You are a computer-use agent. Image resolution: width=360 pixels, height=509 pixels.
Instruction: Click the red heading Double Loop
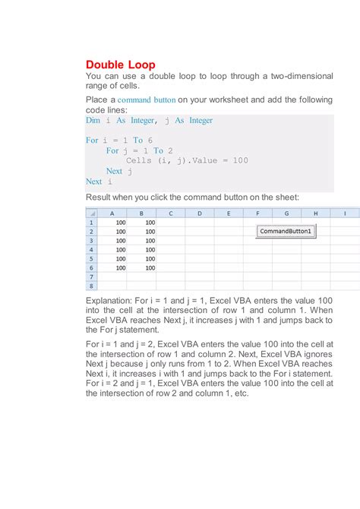(x=120, y=65)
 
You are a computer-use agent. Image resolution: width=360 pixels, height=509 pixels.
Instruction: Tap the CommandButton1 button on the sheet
(x=286, y=231)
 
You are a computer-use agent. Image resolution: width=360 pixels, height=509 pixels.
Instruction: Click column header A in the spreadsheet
(x=112, y=213)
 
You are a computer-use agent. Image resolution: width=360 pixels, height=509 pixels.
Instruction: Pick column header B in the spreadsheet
(x=141, y=213)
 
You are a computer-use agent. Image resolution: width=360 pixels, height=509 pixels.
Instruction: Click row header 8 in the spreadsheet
(x=92, y=286)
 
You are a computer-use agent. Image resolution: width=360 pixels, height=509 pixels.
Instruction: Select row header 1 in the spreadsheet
(x=92, y=223)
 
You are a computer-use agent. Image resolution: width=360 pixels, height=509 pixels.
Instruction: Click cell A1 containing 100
(x=112, y=223)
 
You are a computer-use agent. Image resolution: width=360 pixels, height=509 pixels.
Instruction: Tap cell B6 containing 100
(x=141, y=268)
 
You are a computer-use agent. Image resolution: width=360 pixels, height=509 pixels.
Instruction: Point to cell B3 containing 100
(x=141, y=241)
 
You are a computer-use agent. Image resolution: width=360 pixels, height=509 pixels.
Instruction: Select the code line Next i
(x=99, y=182)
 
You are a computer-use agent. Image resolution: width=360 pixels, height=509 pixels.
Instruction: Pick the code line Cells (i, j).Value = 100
(x=187, y=160)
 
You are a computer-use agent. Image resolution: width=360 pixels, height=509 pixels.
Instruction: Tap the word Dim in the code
(x=93, y=120)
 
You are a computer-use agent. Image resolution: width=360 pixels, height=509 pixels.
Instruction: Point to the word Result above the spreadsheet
(x=100, y=197)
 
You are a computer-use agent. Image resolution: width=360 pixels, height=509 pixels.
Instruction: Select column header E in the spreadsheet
(x=229, y=213)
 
